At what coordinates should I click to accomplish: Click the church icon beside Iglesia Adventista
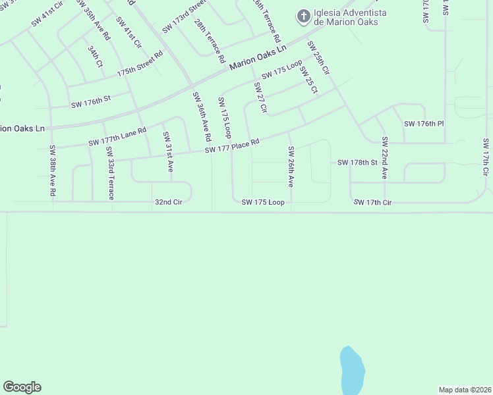tap(303, 16)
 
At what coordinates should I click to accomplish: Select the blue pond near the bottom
tap(351, 371)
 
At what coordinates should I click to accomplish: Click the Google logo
tap(22, 387)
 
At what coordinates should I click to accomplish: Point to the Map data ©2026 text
tap(465, 389)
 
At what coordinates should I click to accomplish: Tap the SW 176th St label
tap(91, 103)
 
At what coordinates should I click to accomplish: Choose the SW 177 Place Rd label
tap(232, 146)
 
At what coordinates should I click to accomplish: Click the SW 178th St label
tap(357, 162)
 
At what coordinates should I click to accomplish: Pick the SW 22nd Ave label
tap(384, 158)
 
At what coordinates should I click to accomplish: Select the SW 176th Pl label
tap(424, 124)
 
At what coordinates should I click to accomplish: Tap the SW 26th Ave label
tap(290, 167)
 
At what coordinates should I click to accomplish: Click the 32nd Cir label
tap(168, 202)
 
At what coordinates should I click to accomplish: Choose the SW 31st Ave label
tap(168, 152)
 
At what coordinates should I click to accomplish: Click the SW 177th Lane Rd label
tap(117, 138)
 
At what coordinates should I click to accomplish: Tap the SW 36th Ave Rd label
tap(201, 116)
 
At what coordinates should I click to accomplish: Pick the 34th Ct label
tap(96, 57)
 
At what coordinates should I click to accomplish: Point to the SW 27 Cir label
tap(260, 99)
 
